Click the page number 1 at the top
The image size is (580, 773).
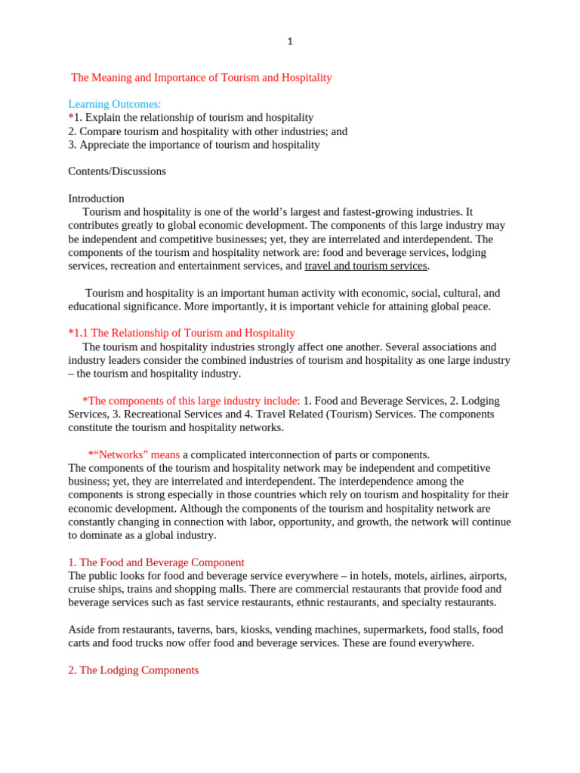tap(290, 42)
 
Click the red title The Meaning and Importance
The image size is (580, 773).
tap(201, 78)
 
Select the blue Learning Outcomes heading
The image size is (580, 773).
tap(115, 104)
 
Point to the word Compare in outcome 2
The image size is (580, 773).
tap(100, 131)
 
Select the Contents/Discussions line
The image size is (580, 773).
tap(117, 171)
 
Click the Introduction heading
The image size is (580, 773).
tap(96, 199)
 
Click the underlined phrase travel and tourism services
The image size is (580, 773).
tap(366, 266)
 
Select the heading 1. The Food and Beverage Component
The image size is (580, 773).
tap(156, 562)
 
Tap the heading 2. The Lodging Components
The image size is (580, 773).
tap(134, 670)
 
